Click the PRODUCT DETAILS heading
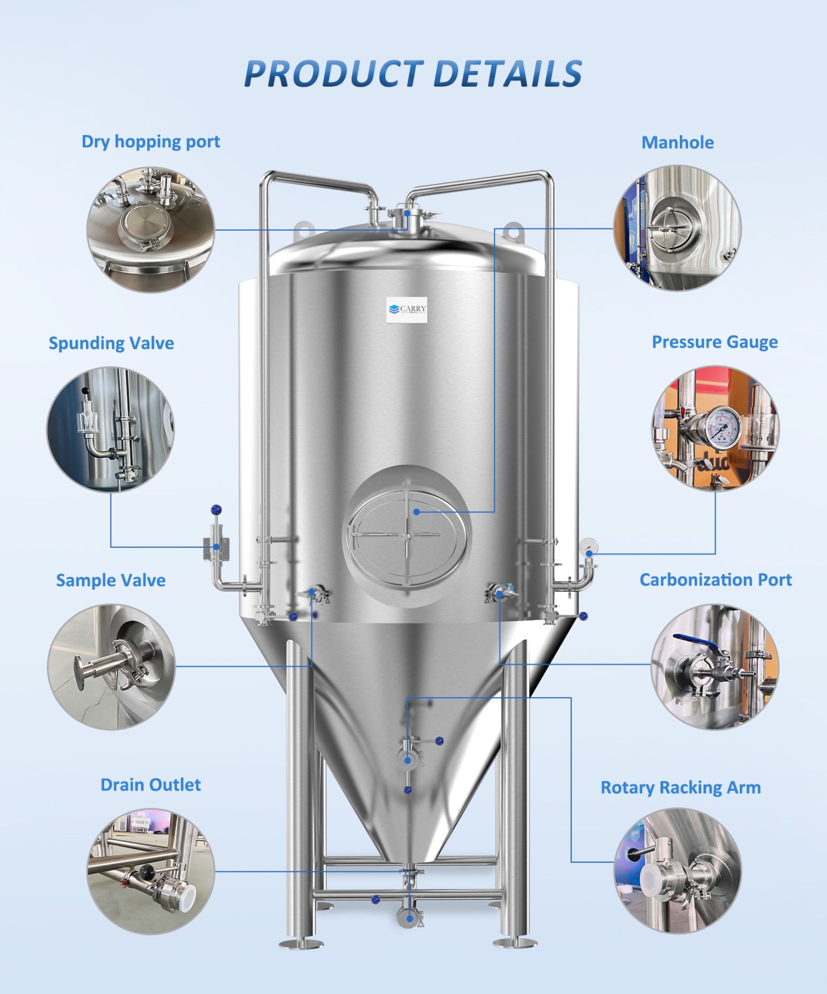(x=413, y=73)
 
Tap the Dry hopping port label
(x=151, y=142)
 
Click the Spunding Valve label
(x=111, y=343)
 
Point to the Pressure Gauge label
(x=715, y=342)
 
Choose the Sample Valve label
(x=111, y=580)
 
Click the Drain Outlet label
(x=151, y=785)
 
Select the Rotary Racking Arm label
(x=681, y=787)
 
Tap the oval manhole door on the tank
(x=407, y=535)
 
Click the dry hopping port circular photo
(x=151, y=229)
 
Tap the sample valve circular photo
(x=111, y=667)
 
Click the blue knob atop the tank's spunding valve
(x=217, y=509)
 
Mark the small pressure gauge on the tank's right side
(x=588, y=546)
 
